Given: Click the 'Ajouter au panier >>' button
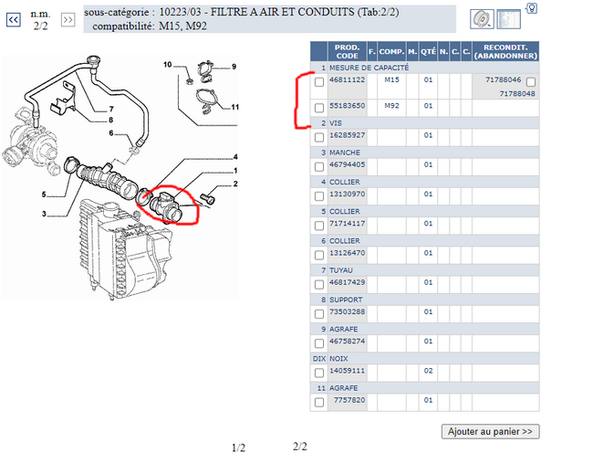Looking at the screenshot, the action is coord(490,431).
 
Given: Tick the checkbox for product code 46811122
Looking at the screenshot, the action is coord(319,82).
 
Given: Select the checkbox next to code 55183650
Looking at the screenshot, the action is coord(319,108).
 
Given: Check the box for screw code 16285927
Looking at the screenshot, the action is coord(319,137).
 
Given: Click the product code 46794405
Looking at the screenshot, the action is coord(348,164).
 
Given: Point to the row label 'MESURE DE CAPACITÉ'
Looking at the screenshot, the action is coord(369,68).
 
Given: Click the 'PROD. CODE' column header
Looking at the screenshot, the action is coord(348,51).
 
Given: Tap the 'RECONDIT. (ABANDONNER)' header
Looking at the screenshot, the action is coord(505,51).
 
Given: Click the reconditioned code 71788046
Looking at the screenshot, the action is coord(503,79).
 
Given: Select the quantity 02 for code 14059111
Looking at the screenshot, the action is coord(428,371).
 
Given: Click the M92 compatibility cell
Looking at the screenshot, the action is coord(391,106).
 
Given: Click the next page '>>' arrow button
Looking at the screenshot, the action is coord(68,20).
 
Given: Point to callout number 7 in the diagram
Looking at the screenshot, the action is coord(111,109).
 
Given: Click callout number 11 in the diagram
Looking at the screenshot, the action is coord(234,107).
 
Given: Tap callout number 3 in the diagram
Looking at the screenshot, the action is coord(44,215).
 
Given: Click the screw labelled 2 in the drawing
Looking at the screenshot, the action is coord(207,198).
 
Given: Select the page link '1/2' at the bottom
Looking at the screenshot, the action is coord(238,448).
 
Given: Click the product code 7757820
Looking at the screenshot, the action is coord(349,400).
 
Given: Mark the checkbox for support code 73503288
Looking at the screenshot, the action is coord(319,314).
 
